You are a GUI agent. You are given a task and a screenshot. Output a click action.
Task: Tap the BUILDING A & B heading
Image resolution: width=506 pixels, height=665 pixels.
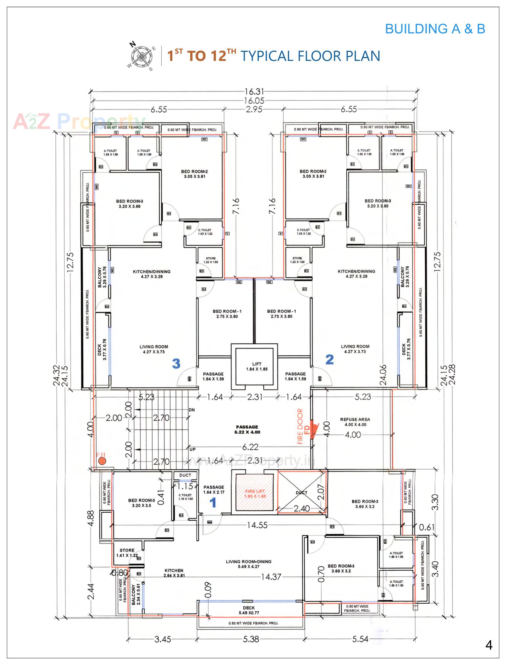pos(435,29)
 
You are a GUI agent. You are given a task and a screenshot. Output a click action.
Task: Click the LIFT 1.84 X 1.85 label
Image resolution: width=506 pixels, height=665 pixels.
pos(257,366)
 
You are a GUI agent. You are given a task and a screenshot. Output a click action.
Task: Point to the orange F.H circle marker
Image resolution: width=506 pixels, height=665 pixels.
pos(102,461)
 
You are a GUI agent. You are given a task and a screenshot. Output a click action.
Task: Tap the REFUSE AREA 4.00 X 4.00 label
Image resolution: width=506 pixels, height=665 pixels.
pos(355,422)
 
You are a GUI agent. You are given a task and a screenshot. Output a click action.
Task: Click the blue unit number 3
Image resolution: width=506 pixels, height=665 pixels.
pos(176,364)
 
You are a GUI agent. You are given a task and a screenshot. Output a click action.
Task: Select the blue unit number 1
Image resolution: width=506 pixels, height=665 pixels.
pos(213,502)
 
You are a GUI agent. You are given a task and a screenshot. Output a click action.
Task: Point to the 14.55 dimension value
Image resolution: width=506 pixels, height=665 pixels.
pos(257,525)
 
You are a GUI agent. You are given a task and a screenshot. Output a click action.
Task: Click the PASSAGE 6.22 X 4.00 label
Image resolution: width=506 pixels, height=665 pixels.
pos(247,430)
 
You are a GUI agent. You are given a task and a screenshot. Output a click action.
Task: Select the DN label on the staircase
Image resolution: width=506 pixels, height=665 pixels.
pos(192,410)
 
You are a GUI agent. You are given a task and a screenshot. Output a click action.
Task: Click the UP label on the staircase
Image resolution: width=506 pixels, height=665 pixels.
pos(193,449)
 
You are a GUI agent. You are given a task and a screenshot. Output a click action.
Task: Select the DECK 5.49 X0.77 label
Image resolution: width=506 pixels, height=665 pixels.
pos(249,610)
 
